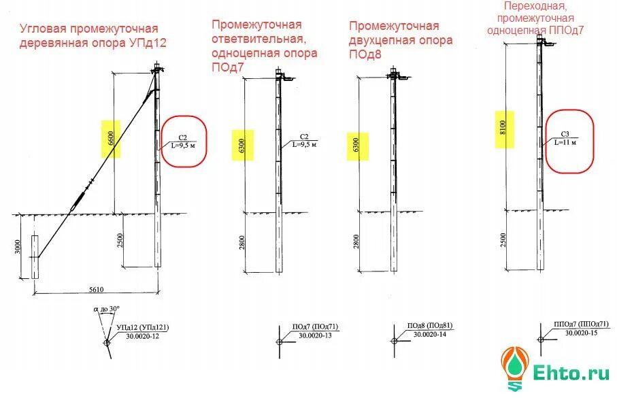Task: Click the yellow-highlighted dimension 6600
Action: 110,139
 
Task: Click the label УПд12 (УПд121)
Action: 142,327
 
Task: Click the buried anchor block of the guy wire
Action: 35,256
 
